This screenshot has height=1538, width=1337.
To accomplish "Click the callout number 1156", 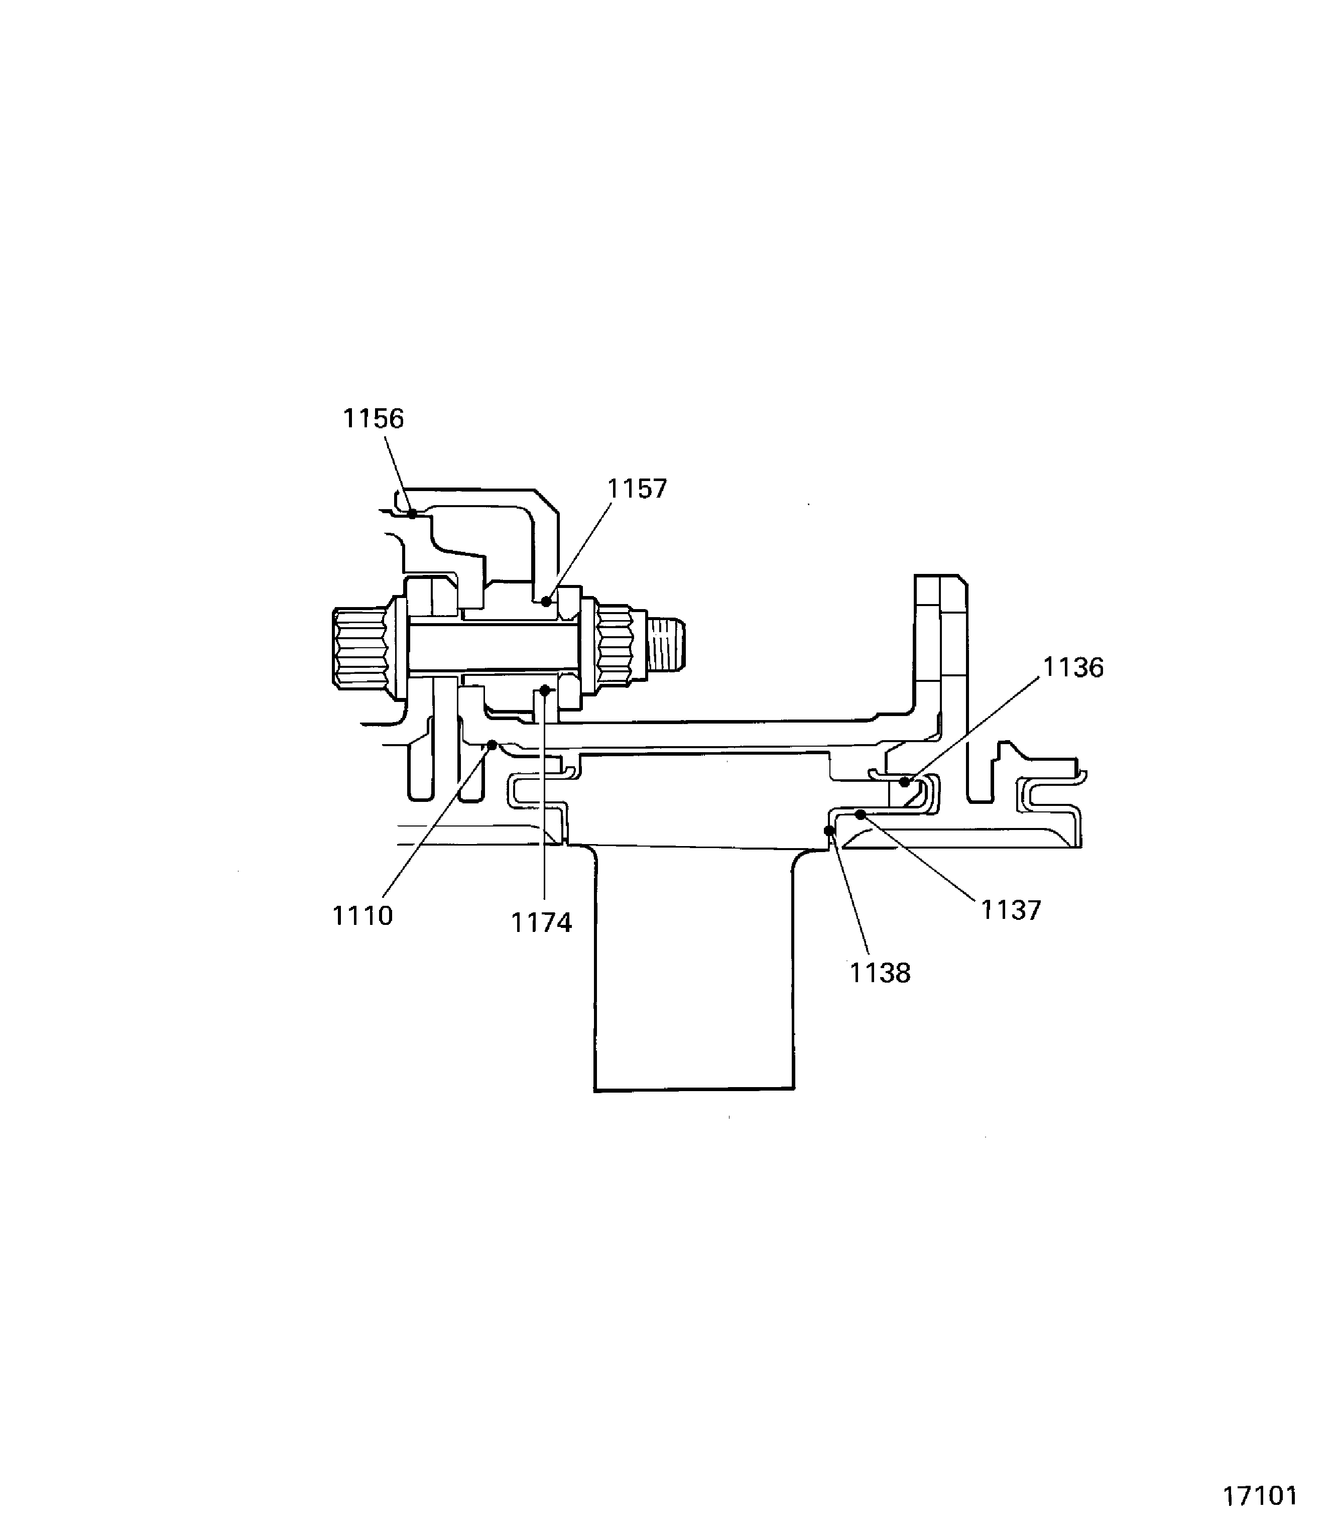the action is pos(373,419).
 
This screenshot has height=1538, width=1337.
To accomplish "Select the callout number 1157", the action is pos(637,489).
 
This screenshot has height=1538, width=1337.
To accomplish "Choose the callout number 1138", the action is pos(881,973).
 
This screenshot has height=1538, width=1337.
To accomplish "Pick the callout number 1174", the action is pos(542,923).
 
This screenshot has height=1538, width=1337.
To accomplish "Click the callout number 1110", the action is pos(362,916).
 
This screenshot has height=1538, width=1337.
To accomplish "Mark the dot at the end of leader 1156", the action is pos(412,513).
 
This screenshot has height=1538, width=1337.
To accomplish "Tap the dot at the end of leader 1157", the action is pos(546,601).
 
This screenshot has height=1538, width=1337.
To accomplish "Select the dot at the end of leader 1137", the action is pos(860,814).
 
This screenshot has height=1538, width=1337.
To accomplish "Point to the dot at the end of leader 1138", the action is pos(829,831).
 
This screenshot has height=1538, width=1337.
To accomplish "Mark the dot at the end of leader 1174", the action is pos(545,691).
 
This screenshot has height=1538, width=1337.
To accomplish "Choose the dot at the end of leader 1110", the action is pos(493,745).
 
